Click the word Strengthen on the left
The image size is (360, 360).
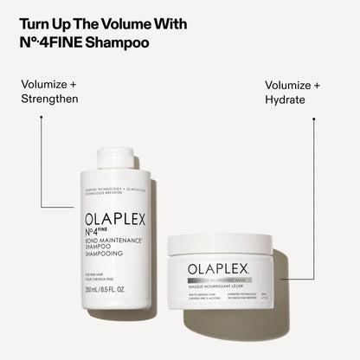coord(48,99)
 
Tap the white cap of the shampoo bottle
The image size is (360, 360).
coord(115,157)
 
